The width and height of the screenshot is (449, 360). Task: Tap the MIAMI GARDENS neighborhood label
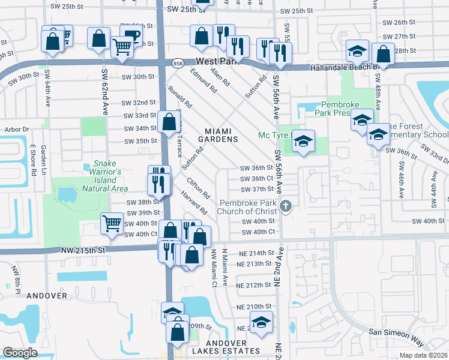221,135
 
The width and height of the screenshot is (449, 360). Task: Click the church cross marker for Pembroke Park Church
286,206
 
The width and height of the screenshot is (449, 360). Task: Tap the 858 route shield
177,63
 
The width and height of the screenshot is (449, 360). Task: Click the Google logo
20,352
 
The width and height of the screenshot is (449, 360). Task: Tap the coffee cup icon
132,35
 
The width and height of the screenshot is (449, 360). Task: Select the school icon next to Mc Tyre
304,141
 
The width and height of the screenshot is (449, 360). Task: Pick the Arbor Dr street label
17,129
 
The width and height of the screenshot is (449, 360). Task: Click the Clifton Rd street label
198,187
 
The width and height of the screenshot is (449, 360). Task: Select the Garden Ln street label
44,159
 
